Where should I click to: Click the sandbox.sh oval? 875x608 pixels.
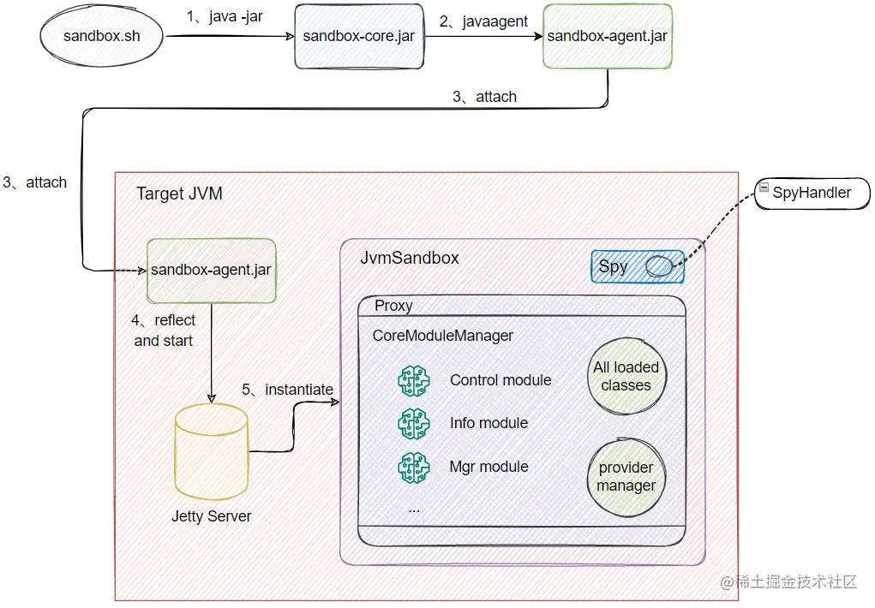[x=101, y=36]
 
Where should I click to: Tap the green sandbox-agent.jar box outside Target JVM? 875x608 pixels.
[x=608, y=36]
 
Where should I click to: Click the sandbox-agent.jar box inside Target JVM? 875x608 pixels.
[x=211, y=271]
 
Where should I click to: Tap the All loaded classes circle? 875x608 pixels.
[x=626, y=376]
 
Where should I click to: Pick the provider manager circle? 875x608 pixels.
[x=626, y=476]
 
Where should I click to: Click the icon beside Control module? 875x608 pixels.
[x=414, y=380]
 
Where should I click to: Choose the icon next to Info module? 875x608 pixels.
[x=414, y=423]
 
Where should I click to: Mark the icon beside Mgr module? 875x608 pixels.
[x=414, y=467]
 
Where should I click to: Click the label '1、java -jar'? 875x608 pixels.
[x=225, y=17]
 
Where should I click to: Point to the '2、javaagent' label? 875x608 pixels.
[x=484, y=22]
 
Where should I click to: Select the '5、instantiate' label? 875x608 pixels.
[x=287, y=390]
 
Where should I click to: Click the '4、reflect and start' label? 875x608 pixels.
[x=163, y=331]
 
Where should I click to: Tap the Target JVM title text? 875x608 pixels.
[x=179, y=194]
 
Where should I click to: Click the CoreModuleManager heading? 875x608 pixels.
[x=442, y=336]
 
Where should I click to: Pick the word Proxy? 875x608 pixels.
[x=393, y=306]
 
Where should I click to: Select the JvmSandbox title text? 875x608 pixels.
[x=410, y=258]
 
